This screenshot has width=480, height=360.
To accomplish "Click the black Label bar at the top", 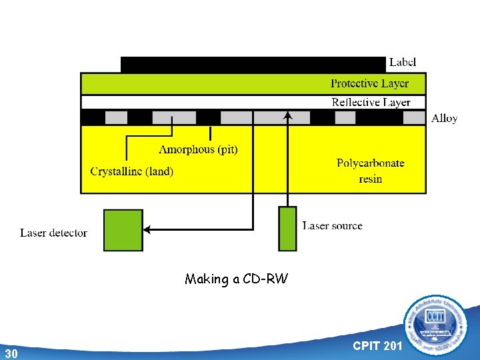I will pos(253,64).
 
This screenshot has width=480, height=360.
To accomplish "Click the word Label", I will pos(403,62).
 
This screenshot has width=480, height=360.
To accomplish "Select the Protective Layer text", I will pos(369,83).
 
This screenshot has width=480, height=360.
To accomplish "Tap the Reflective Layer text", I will pos(371,102).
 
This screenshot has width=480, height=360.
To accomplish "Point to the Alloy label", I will pos(444,118).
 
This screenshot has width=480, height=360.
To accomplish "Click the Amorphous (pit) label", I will pos(198,149).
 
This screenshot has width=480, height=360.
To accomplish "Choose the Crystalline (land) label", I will pos(132,171).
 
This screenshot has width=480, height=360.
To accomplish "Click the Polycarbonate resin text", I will pos(370,171).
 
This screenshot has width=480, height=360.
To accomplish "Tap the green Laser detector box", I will pos(123,230).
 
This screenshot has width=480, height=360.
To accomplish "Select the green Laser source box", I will pos(287,229).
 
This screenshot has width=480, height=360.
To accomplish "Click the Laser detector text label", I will pos(53,233).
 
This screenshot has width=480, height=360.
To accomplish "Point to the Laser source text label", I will pos(332,226).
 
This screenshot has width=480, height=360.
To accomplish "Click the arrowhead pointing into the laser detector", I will pos(148,230).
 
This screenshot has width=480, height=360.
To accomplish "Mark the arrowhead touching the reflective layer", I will pos(287,115).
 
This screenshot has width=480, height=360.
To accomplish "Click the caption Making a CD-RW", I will pos(237,279).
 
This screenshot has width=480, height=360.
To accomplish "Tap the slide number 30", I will pos(10,353).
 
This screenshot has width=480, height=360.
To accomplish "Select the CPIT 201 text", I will pos(377,345).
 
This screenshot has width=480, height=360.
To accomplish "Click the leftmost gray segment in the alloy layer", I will pos(116,118).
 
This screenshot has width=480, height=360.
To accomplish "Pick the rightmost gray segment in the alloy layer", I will pos(414,118).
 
